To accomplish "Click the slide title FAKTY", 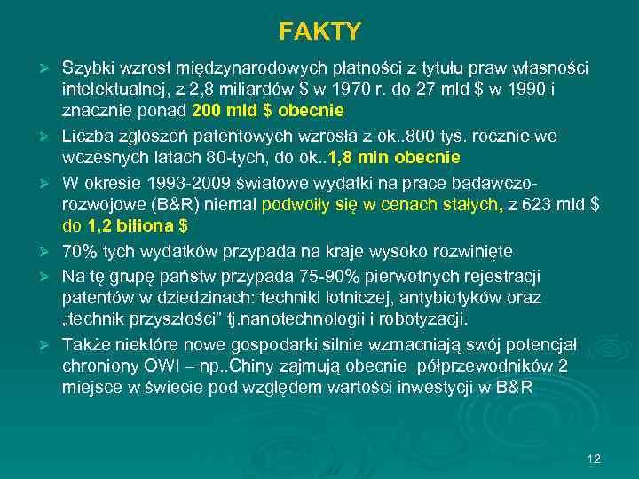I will tap(319, 33).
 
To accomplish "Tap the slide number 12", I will tap(594, 459).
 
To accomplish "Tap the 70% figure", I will tap(77, 252).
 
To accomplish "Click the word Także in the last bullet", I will tap(83, 344).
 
